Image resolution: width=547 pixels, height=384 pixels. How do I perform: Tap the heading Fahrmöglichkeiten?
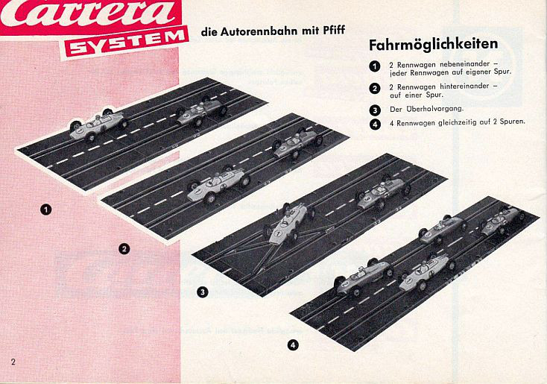(x=433, y=45)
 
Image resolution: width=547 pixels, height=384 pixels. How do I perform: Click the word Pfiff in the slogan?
(x=334, y=31)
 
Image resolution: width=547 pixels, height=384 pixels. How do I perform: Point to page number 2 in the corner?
(x=13, y=362)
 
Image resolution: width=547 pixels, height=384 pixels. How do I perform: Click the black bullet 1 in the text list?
(x=375, y=66)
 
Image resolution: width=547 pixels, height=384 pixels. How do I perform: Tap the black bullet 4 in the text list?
(x=375, y=125)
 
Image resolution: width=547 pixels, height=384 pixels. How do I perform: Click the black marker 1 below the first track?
(x=45, y=210)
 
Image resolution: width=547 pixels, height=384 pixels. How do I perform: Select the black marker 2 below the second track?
(x=124, y=249)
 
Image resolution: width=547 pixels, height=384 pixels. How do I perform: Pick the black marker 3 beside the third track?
(x=203, y=292)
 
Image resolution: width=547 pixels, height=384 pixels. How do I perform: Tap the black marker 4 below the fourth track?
(x=293, y=345)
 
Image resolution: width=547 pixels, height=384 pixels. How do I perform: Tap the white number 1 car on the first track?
(x=98, y=125)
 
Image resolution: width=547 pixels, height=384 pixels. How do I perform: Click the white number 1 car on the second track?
(x=219, y=184)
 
